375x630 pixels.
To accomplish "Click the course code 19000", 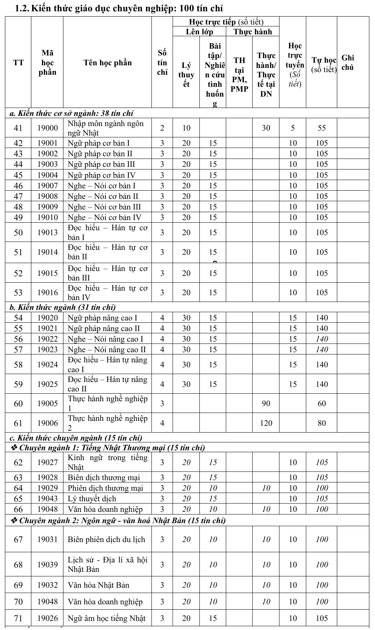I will tap(47, 128).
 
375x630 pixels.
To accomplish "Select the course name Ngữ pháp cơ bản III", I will tap(101, 165).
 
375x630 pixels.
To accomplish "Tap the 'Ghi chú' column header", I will tap(347, 63).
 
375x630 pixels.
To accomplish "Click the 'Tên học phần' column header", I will tap(107, 63).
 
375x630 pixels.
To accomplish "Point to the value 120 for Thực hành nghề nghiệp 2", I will tap(266, 423).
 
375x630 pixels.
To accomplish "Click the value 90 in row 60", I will tap(266, 404).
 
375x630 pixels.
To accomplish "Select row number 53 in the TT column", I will tap(18, 293).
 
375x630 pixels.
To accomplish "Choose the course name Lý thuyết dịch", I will tap(92, 499).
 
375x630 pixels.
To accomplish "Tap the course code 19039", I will tap(47, 565).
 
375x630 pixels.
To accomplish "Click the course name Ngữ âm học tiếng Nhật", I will tap(106, 618).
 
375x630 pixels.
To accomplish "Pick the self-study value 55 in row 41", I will tap(321, 128).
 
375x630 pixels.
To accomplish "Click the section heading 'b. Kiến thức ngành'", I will tap(63, 307).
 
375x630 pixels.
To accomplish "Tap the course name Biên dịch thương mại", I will tap(103, 478).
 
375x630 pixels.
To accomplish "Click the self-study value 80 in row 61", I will tap(321, 423).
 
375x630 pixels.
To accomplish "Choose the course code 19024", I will tap(47, 365).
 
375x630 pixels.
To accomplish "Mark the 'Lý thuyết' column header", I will tap(186, 75).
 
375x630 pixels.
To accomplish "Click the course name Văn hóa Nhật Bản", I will tap(98, 585).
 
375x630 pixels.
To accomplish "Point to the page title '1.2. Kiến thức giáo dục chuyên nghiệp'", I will tap(119, 8).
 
